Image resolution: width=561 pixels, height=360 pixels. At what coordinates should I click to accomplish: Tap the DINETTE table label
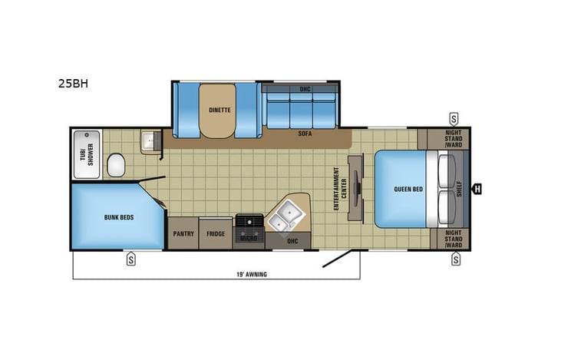pyautogui.click(x=219, y=109)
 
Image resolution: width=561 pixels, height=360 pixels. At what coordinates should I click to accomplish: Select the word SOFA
pyautogui.click(x=305, y=133)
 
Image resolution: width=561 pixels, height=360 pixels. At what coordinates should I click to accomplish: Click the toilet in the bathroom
pyautogui.click(x=117, y=163)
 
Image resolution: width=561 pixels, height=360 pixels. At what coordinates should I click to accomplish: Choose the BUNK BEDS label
pyautogui.click(x=119, y=217)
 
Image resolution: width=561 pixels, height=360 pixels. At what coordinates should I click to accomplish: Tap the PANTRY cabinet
pyautogui.click(x=183, y=233)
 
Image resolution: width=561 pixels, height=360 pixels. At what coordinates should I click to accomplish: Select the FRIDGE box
pyautogui.click(x=216, y=233)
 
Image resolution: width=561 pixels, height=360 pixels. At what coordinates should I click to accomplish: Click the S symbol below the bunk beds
pyautogui.click(x=131, y=259)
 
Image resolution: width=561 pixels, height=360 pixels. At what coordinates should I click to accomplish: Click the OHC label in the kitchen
pyautogui.click(x=292, y=239)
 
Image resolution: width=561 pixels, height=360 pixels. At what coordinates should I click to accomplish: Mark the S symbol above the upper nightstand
pyautogui.click(x=454, y=119)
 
